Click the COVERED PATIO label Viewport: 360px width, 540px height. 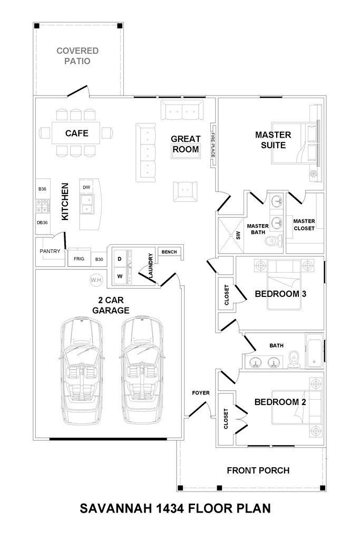[x=77, y=56]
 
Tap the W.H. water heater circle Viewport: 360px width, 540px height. [x=96, y=280]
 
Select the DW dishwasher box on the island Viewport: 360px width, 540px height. [x=86, y=187]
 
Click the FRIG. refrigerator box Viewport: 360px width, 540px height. [x=79, y=258]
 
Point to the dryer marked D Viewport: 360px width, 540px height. [x=120, y=259]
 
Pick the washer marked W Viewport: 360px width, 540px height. [x=120, y=276]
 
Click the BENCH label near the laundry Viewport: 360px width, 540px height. [x=169, y=252]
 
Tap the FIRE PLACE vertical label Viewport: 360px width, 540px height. [x=213, y=145]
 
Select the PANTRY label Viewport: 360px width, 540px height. [x=50, y=251]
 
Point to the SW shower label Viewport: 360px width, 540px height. [x=238, y=236]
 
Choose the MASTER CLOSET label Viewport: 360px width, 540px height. [x=304, y=225]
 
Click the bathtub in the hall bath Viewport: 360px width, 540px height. [x=315, y=351]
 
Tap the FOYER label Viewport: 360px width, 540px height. [x=201, y=392]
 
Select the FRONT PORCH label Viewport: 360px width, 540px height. [x=258, y=470]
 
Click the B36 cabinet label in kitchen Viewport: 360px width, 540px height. [x=42, y=189]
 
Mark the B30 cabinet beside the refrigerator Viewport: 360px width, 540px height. [x=99, y=259]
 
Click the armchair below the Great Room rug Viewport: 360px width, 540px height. [x=185, y=191]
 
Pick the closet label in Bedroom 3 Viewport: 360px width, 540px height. [x=227, y=295]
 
